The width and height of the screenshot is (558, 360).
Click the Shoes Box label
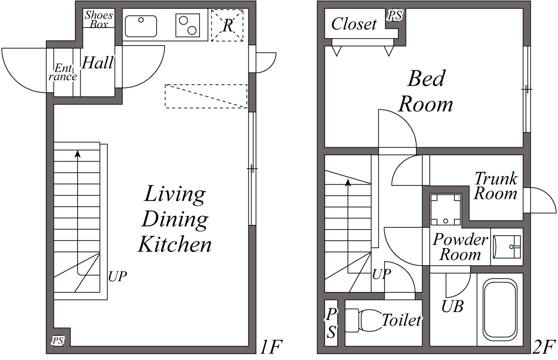coord(99,19)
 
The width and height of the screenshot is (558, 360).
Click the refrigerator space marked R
coord(227,25)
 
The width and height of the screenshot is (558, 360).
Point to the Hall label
coord(97,63)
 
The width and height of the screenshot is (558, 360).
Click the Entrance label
coord(63,72)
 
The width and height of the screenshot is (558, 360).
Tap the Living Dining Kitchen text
coord(175,219)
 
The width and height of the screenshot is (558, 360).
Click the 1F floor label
coord(271,347)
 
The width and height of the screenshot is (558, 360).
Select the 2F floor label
coord(545,347)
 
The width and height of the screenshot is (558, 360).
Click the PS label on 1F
coord(58,341)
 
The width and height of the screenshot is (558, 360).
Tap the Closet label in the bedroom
coord(354,23)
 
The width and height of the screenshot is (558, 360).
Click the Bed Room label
coord(426,91)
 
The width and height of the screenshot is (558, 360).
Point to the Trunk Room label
coord(496,185)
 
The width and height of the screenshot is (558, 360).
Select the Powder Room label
coord(460,247)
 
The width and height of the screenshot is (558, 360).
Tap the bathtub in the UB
coord(500,309)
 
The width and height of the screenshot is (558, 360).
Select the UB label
coord(452,307)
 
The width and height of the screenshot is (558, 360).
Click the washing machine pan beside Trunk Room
coord(445,208)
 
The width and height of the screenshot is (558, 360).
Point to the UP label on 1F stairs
coord(117,276)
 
